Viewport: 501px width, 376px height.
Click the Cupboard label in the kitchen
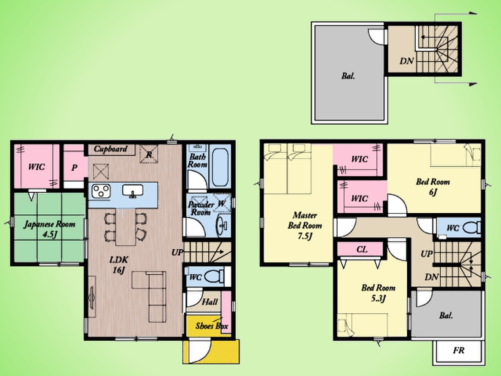point(110,149)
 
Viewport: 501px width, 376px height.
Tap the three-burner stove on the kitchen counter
point(101,191)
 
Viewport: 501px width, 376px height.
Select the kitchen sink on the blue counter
point(133,191)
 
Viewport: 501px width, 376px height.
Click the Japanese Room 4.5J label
point(50,229)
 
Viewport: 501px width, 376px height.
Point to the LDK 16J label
point(119,265)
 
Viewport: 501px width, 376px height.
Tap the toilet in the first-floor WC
point(214,276)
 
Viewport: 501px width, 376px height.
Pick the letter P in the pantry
point(74,168)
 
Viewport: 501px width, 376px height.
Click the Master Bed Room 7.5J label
point(305,226)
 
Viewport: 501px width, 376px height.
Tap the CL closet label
point(362,249)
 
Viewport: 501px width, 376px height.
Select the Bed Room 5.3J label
point(378,293)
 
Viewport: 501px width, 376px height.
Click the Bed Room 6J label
point(433,187)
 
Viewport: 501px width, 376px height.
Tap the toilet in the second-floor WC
point(470,228)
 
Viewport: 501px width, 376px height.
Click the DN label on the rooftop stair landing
point(407,61)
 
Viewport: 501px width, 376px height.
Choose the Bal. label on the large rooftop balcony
point(348,76)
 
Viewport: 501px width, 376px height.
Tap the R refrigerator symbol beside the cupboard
point(149,154)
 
